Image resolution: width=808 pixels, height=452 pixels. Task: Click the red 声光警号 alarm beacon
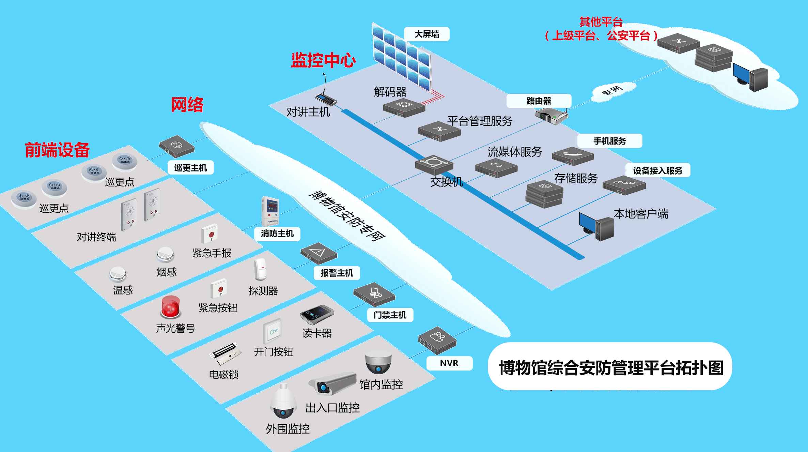170,307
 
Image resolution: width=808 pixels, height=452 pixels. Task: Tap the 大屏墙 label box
426,34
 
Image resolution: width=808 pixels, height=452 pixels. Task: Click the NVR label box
449,363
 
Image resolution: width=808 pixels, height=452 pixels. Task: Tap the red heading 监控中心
323,60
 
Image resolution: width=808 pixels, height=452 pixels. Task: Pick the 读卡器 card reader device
316,315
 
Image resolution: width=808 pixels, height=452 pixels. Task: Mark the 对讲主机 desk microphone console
325,97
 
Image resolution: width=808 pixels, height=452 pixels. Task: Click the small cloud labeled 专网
613,91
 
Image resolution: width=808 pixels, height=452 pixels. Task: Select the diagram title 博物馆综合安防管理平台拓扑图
609,368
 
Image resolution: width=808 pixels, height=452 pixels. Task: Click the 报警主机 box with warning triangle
318,253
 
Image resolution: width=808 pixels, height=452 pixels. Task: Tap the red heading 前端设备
57,150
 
